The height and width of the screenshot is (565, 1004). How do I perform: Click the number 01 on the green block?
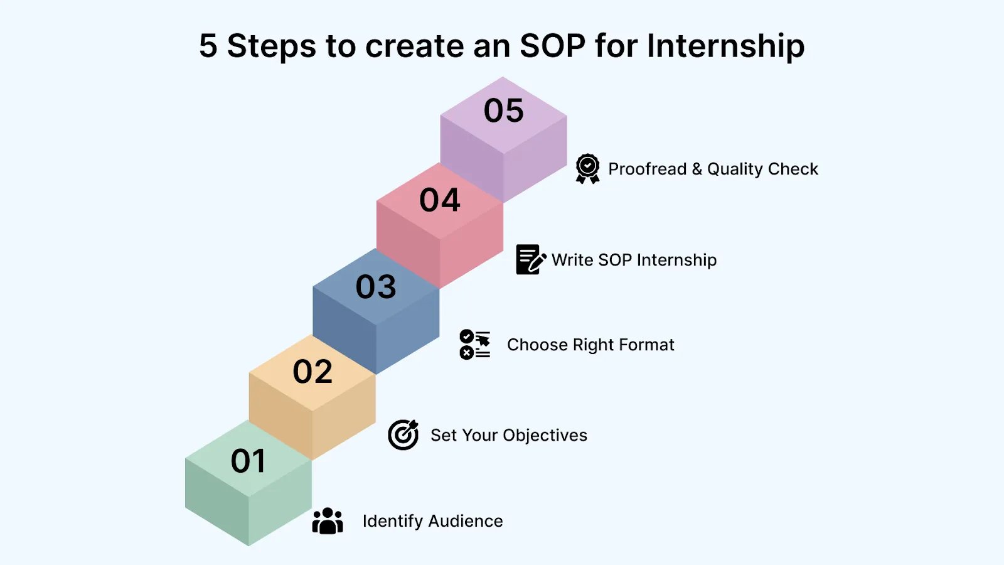[x=248, y=461]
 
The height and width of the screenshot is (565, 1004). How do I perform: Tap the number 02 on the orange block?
[x=312, y=371]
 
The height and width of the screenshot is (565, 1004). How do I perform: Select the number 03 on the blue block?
[x=376, y=286]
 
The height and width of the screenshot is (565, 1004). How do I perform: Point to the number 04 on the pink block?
[x=440, y=200]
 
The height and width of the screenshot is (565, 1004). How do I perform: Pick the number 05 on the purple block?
[x=503, y=110]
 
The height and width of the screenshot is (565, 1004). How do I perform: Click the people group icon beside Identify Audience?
[x=328, y=520]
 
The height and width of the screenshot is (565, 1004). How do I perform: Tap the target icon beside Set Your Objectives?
[x=403, y=434]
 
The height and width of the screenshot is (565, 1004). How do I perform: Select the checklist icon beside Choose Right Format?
[x=474, y=345]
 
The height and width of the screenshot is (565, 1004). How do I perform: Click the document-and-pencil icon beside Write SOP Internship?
[x=531, y=259]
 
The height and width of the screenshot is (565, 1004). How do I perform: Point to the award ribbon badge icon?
[x=587, y=169]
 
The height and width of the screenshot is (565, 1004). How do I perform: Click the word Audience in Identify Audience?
[x=465, y=521]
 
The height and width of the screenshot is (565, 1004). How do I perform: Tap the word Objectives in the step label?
[x=545, y=436]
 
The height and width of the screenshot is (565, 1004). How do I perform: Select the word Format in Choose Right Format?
[x=646, y=345]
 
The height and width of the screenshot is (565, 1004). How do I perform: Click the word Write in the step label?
[x=572, y=260]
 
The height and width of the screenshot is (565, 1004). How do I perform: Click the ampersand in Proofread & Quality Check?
[x=697, y=169]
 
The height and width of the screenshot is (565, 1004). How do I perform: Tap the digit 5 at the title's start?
[x=208, y=46]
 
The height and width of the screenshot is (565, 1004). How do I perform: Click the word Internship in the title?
[x=725, y=46]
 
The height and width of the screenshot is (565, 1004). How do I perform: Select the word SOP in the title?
[x=553, y=46]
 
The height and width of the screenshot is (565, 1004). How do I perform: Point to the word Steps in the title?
[x=272, y=46]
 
